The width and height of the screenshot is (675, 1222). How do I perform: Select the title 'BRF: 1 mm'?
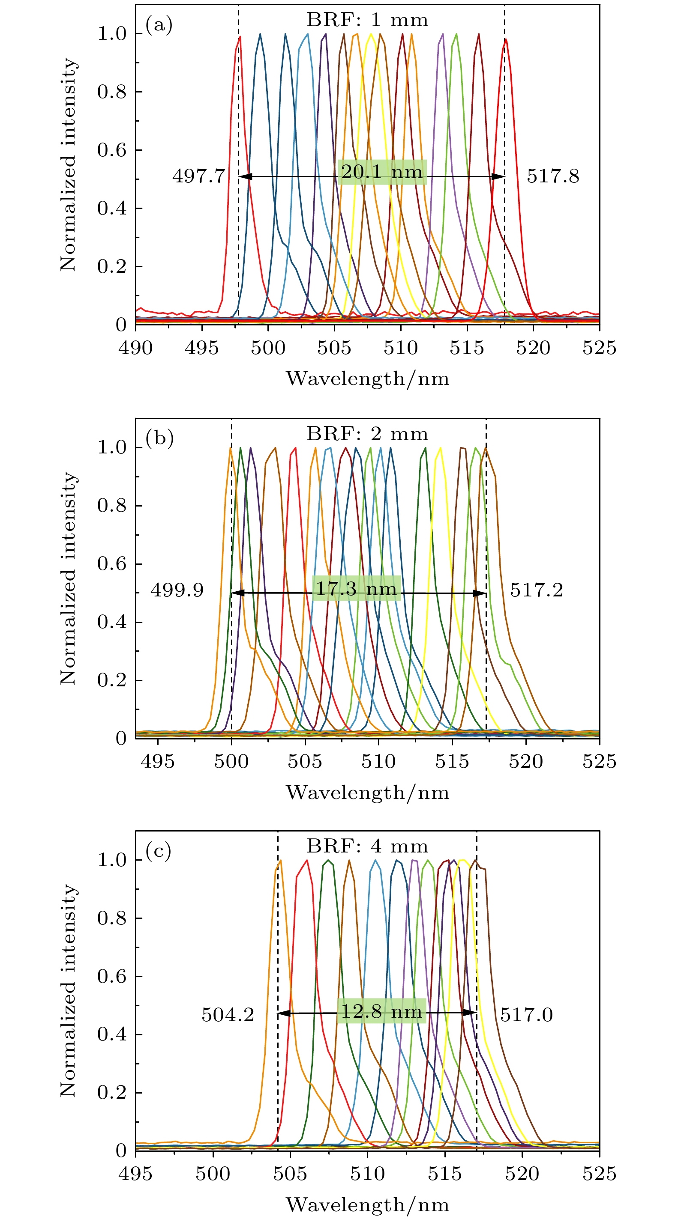pos(367,20)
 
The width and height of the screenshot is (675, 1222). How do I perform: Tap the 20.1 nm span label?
pos(382,172)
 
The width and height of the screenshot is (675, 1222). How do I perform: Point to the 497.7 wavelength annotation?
pos(198,176)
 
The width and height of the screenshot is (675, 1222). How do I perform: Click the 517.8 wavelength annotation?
pos(552,176)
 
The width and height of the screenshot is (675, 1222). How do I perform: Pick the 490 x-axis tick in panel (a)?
pos(136,348)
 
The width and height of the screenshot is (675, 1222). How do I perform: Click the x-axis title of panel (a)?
pos(367,379)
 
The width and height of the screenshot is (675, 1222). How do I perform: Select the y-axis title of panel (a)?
pos(68,164)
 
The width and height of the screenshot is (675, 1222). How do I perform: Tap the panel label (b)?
pos(159,438)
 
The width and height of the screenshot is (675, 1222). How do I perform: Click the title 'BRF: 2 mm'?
pos(367,434)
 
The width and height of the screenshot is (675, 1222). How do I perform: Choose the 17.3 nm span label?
pos(356,589)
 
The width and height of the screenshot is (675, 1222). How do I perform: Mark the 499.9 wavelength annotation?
pos(177,590)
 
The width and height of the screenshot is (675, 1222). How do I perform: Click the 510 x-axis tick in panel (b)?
pos(378,761)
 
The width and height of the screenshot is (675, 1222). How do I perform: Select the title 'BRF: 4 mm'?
pos(367,846)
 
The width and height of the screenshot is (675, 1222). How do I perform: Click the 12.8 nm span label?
pos(382,1011)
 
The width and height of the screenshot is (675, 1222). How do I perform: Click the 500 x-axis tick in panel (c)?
pos(213,1174)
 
